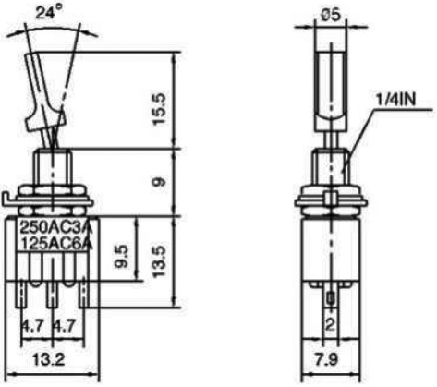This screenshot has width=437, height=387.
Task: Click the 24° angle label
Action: click(48, 13)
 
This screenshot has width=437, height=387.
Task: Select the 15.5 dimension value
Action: click(160, 108)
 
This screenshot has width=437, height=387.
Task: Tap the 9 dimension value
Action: click(160, 182)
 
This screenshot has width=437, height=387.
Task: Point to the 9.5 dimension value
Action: click(122, 257)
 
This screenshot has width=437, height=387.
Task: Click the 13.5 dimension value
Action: click(160, 261)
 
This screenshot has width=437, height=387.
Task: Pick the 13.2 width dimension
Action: click(48, 359)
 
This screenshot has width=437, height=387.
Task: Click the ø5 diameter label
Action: click(332, 15)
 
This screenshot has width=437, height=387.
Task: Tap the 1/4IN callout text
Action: click(395, 100)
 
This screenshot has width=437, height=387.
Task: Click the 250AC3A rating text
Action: click(56, 228)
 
